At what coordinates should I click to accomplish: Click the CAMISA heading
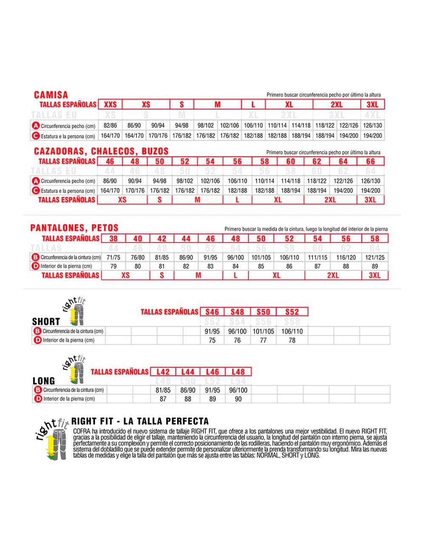coord(51,95)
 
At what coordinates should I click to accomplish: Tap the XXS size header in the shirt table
coord(110,104)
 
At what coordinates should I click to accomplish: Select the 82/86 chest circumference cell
coord(110,126)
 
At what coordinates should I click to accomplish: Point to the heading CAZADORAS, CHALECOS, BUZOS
coord(101,151)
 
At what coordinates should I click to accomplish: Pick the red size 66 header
coord(371,161)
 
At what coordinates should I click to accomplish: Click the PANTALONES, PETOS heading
coord(74,228)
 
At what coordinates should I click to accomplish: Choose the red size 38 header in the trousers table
coord(113,239)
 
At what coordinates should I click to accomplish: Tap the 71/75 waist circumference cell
coord(114,257)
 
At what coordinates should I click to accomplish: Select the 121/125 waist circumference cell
coord(375,257)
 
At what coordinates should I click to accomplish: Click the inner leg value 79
coord(114,266)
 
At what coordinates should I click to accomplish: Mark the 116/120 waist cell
coord(346,257)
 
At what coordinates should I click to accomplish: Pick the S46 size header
coord(212,312)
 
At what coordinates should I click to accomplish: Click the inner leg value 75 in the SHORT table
coord(212,340)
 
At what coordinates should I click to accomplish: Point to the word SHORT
coord(46,321)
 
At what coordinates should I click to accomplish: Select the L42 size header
coord(163,372)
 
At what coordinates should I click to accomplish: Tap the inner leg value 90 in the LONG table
coord(238,399)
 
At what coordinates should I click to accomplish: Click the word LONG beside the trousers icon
coord(44,381)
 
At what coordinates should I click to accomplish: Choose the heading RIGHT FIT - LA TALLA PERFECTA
coord(140,421)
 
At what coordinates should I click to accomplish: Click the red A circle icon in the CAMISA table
coord(36,126)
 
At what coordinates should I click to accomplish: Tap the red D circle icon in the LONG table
coord(38,399)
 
